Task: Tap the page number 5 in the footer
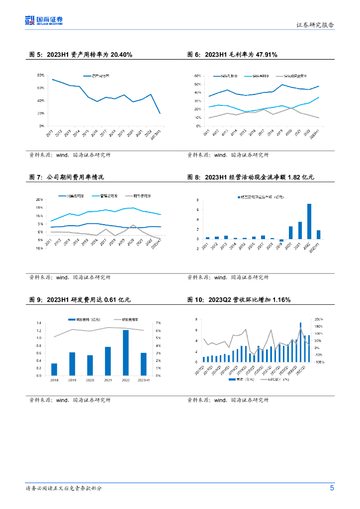pos(332,488)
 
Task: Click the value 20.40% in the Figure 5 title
pos(121,55)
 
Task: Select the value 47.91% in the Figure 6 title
pos(266,55)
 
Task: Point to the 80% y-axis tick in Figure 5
pos(41,75)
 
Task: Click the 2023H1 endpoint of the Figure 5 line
pos(160,113)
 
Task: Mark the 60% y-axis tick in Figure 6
pos(197,76)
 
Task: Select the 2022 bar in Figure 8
pos(309,221)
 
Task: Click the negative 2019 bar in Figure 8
pos(281,240)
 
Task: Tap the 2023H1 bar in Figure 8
pos(318,235)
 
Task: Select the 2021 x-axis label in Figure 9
pos(108,381)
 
